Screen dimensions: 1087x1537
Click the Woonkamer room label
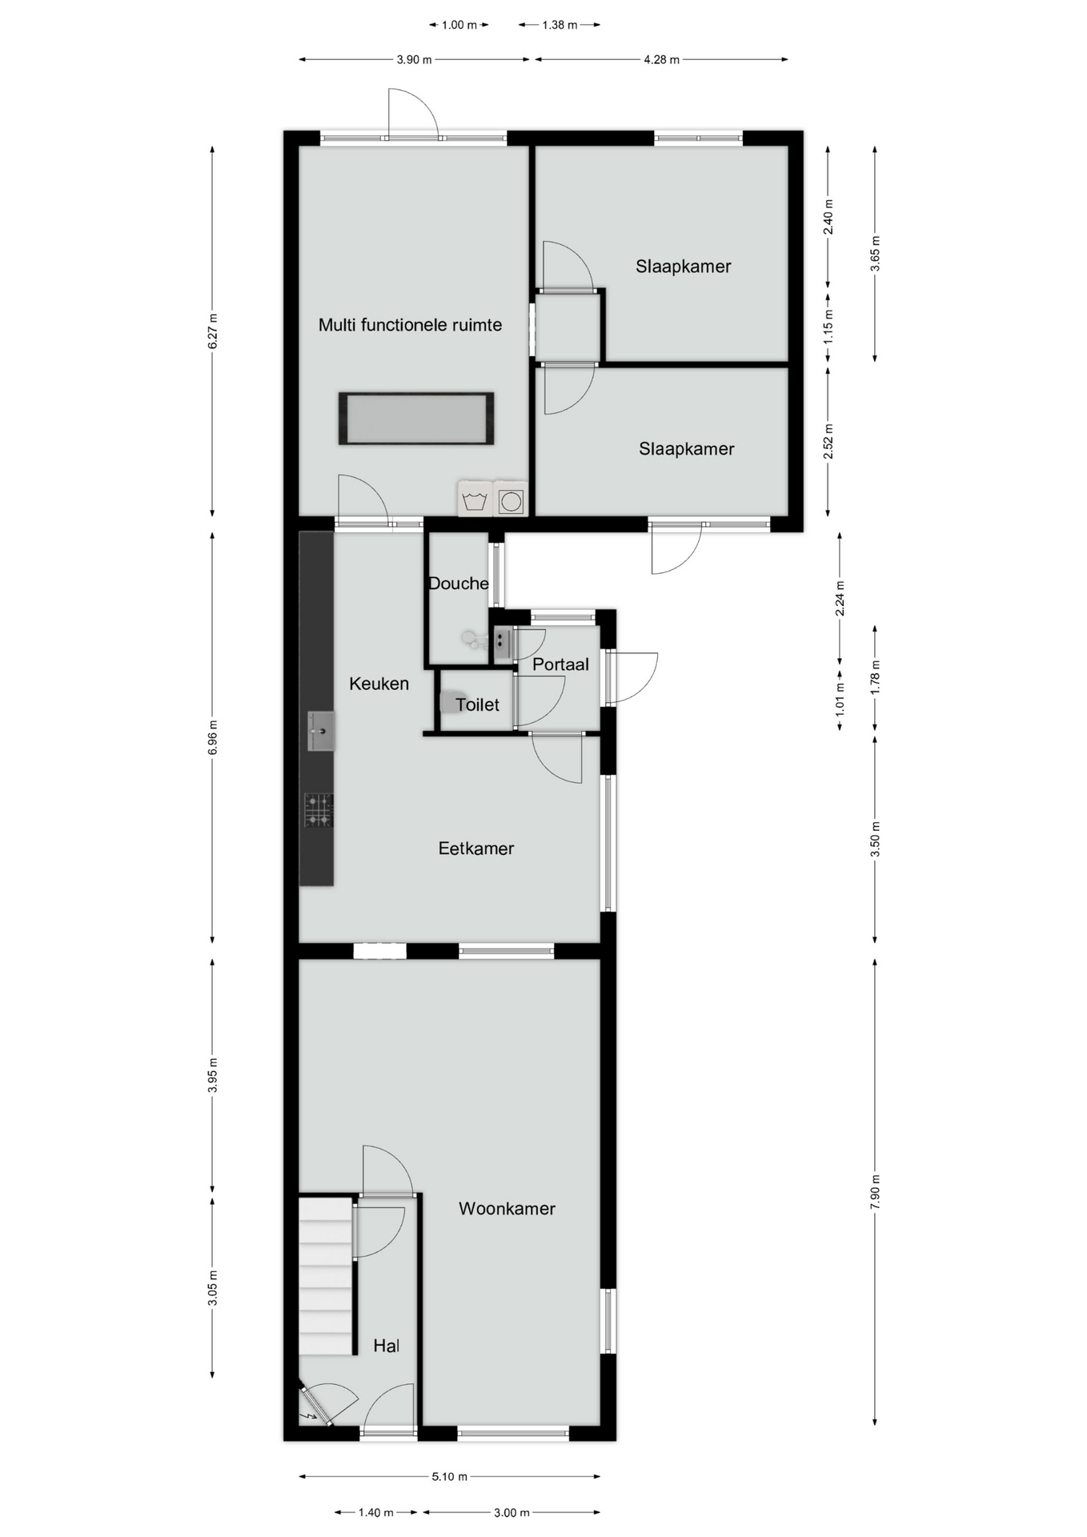click(507, 1209)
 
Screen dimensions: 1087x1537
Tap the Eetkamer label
click(476, 849)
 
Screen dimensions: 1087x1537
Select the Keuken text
click(379, 684)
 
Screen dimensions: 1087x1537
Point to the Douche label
click(459, 584)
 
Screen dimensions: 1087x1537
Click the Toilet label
click(478, 705)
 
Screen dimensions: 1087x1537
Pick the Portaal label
click(560, 664)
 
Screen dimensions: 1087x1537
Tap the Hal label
click(387, 1346)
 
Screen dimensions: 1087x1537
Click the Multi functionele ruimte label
click(411, 325)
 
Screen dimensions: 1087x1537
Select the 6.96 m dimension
click(212, 737)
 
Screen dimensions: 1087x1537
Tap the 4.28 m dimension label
click(661, 59)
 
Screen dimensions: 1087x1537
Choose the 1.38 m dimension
click(560, 25)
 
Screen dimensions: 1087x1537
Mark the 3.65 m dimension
click(875, 254)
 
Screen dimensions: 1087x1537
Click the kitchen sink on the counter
click(321, 731)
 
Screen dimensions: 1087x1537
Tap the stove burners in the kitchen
click(319, 810)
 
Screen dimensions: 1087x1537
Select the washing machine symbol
click(475, 499)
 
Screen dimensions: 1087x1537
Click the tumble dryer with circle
click(511, 499)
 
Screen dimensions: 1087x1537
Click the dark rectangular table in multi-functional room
click(416, 419)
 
